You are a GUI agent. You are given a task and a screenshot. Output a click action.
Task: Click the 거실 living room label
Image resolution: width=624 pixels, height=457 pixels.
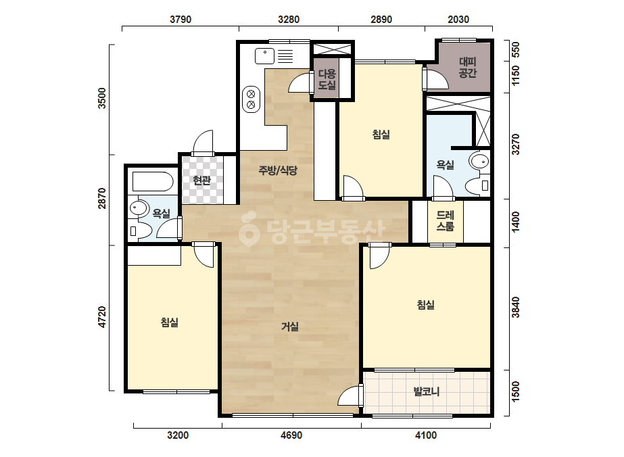coord(290,327)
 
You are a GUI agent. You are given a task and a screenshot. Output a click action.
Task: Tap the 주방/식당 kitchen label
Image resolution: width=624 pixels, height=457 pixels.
coord(278,170)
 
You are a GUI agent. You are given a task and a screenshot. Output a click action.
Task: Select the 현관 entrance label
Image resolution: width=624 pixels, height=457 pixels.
coord(201,181)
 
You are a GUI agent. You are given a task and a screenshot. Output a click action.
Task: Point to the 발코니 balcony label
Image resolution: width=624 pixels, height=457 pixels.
coord(426,391)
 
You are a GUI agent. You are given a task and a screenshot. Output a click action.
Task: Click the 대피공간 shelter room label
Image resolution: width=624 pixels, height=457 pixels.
coord(468,68)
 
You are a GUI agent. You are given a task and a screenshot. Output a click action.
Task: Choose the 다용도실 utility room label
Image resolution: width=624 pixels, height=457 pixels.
coord(327,79)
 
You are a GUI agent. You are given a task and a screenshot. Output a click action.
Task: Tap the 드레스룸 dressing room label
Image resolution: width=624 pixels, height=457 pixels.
coord(445,221)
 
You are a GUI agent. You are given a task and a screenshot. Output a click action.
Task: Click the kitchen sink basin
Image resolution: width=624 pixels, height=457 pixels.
coord(264,55)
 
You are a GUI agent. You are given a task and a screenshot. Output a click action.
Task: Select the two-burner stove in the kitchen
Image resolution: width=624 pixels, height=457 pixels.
coord(251,99)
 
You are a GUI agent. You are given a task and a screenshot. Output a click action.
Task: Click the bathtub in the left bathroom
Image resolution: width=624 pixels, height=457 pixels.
coord(153,182)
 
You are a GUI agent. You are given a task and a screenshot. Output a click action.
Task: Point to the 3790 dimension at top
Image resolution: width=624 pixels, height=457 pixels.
coord(181,20)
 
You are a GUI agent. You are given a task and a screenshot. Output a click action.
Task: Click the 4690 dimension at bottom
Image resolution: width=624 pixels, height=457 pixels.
coord(291,435)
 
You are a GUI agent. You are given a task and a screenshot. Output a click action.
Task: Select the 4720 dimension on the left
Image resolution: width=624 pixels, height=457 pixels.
coord(102,317)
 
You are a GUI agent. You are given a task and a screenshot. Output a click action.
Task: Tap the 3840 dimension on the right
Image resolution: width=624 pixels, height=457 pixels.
coord(515,308)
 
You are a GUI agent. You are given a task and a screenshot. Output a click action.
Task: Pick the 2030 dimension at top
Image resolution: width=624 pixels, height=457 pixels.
coord(458,20)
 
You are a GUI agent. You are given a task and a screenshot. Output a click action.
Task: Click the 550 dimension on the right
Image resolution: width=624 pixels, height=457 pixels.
coord(515,50)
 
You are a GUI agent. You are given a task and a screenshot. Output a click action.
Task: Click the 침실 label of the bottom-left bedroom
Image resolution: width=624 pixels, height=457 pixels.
coord(169,322)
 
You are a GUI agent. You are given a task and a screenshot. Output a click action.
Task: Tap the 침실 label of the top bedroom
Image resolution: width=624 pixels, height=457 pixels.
coord(381,134)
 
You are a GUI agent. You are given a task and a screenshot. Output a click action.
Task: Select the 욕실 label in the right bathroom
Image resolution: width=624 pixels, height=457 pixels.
coord(445,164)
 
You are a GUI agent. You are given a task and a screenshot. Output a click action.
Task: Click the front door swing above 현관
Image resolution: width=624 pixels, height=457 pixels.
coord(203,143)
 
